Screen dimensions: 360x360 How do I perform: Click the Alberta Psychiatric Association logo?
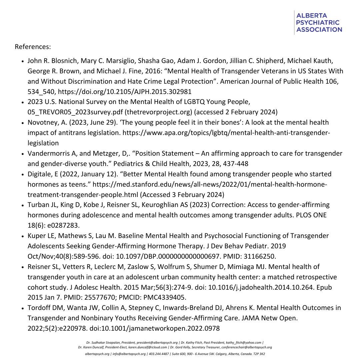(319, 23)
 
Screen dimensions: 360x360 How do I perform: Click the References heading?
(32, 47)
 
